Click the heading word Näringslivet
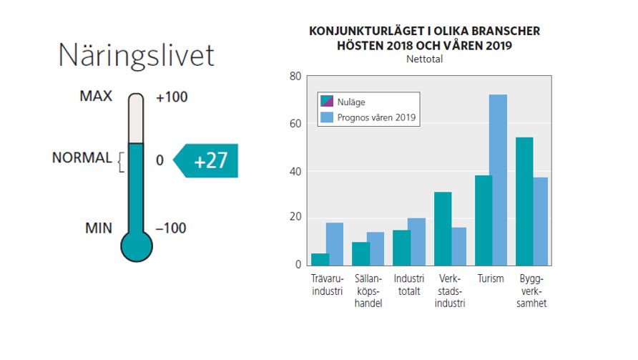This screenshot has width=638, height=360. (136, 55)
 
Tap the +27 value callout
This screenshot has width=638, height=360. (210, 160)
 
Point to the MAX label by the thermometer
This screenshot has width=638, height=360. (95, 96)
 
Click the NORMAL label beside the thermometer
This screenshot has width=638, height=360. (82, 158)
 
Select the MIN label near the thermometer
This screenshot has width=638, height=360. (99, 228)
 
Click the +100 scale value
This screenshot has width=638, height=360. (172, 97)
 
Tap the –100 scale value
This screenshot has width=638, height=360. (171, 228)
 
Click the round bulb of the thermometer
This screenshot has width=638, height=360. (137, 245)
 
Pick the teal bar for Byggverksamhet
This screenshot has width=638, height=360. (524, 200)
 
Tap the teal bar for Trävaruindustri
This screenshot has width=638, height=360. (320, 258)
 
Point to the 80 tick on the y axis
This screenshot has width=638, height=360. (294, 76)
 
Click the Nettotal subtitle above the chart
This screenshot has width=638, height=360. (424, 59)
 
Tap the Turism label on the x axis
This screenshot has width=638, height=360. (491, 278)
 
